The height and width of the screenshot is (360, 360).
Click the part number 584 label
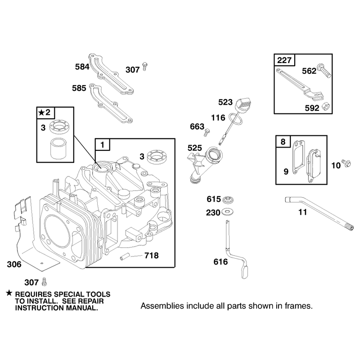pyautogui.click(x=82, y=67)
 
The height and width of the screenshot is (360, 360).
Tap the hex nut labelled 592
pyautogui.click(x=326, y=107)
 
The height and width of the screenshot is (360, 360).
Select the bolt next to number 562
pyautogui.click(x=324, y=70)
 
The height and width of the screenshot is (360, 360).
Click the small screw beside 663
pyautogui.click(x=207, y=132)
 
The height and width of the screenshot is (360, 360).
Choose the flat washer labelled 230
pyautogui.click(x=227, y=212)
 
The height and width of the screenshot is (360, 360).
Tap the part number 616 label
pyautogui.click(x=220, y=262)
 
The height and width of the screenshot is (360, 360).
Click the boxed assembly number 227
pyautogui.click(x=284, y=60)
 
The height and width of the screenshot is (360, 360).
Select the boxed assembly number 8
pyautogui.click(x=283, y=142)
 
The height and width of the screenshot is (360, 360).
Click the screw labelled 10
pyautogui.click(x=346, y=163)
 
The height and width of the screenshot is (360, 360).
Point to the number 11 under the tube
pyautogui.click(x=302, y=212)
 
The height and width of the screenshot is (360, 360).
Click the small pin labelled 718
pyautogui.click(x=125, y=256)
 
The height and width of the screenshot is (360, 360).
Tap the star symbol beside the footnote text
pyautogui.click(x=9, y=293)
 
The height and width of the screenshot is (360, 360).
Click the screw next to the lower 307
pyautogui.click(x=44, y=282)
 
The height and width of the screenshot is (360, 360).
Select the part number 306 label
pyautogui.click(x=14, y=264)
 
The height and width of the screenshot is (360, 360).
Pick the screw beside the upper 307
pyautogui.click(x=144, y=66)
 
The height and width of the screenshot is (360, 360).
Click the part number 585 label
pyautogui.click(x=79, y=88)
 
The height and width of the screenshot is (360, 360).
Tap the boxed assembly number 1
pyautogui.click(x=103, y=144)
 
